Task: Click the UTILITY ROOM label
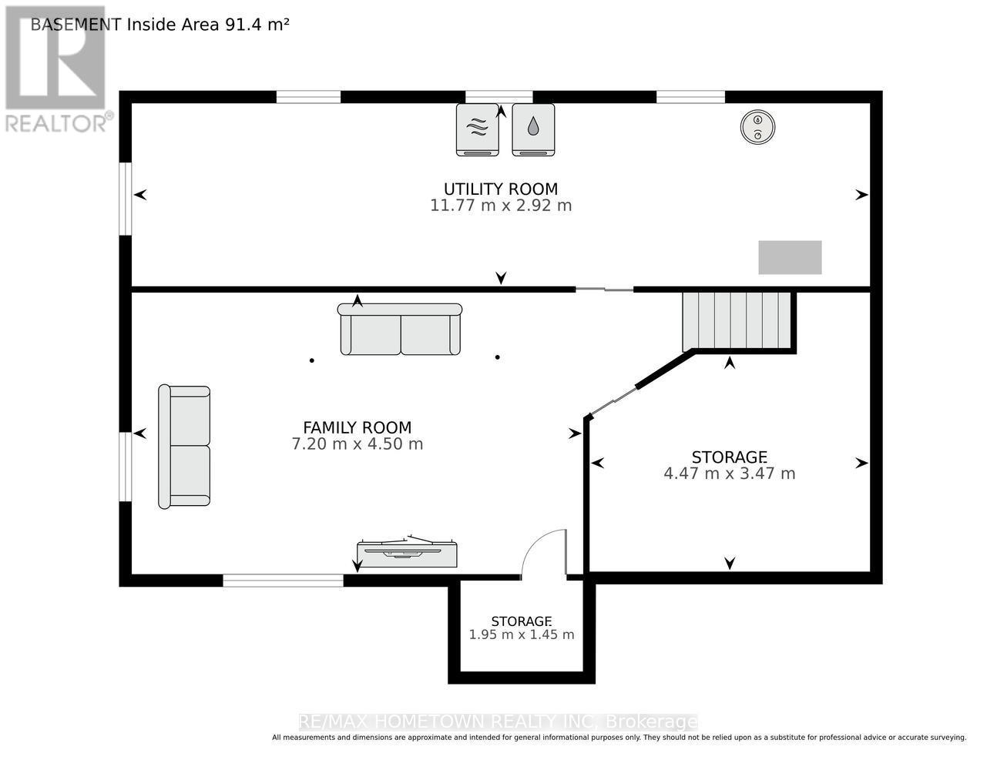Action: tap(500, 189)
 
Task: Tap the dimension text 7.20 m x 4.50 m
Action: tap(357, 444)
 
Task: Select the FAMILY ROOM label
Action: tap(357, 427)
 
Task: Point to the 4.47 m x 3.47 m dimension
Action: tap(729, 474)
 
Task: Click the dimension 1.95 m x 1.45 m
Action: tap(522, 635)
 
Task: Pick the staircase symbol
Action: tap(737, 320)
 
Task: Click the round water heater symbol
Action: tap(757, 127)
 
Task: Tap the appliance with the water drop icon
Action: tap(533, 129)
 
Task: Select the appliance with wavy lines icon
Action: tap(477, 129)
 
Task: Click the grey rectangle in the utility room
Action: tap(790, 257)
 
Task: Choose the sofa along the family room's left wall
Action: tap(184, 447)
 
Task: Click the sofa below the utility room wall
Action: tap(400, 330)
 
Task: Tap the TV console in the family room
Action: tap(407, 553)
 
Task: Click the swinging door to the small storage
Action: tap(545, 553)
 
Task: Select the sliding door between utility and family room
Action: tap(604, 290)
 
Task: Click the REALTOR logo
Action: tap(55, 69)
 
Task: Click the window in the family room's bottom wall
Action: tap(283, 581)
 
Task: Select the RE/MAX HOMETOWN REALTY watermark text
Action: tap(498, 722)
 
